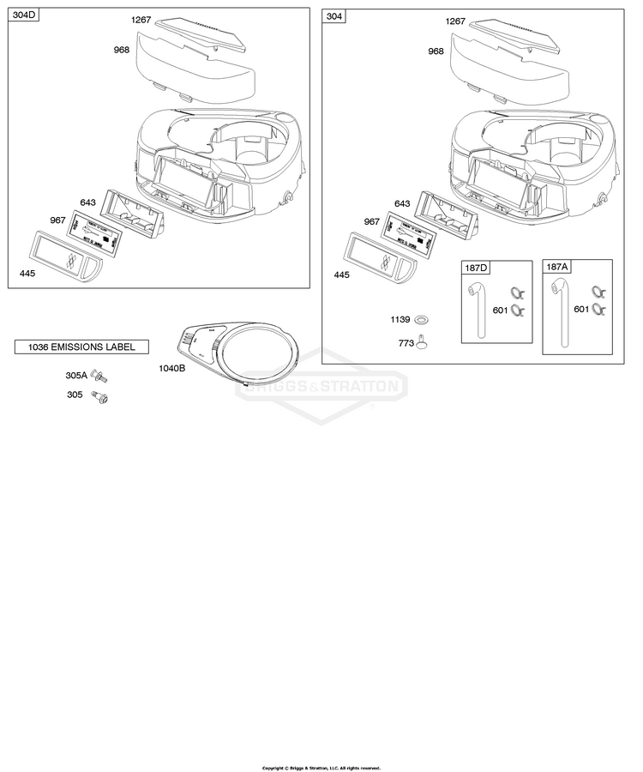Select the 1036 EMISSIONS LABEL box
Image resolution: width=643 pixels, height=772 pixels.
(x=81, y=347)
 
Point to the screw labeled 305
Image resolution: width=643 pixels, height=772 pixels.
(x=103, y=396)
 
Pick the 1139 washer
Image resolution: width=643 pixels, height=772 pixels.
(x=421, y=320)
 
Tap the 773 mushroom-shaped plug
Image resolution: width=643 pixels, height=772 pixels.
(x=421, y=343)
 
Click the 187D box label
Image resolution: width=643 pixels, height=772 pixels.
(x=475, y=268)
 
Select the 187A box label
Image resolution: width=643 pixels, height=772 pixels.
(x=556, y=268)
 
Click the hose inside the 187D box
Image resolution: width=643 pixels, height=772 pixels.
(x=477, y=313)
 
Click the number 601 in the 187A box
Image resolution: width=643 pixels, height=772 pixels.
(x=581, y=309)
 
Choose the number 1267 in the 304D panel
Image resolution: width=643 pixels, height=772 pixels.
(x=141, y=20)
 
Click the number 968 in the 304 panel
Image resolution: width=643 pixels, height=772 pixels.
(x=436, y=51)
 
